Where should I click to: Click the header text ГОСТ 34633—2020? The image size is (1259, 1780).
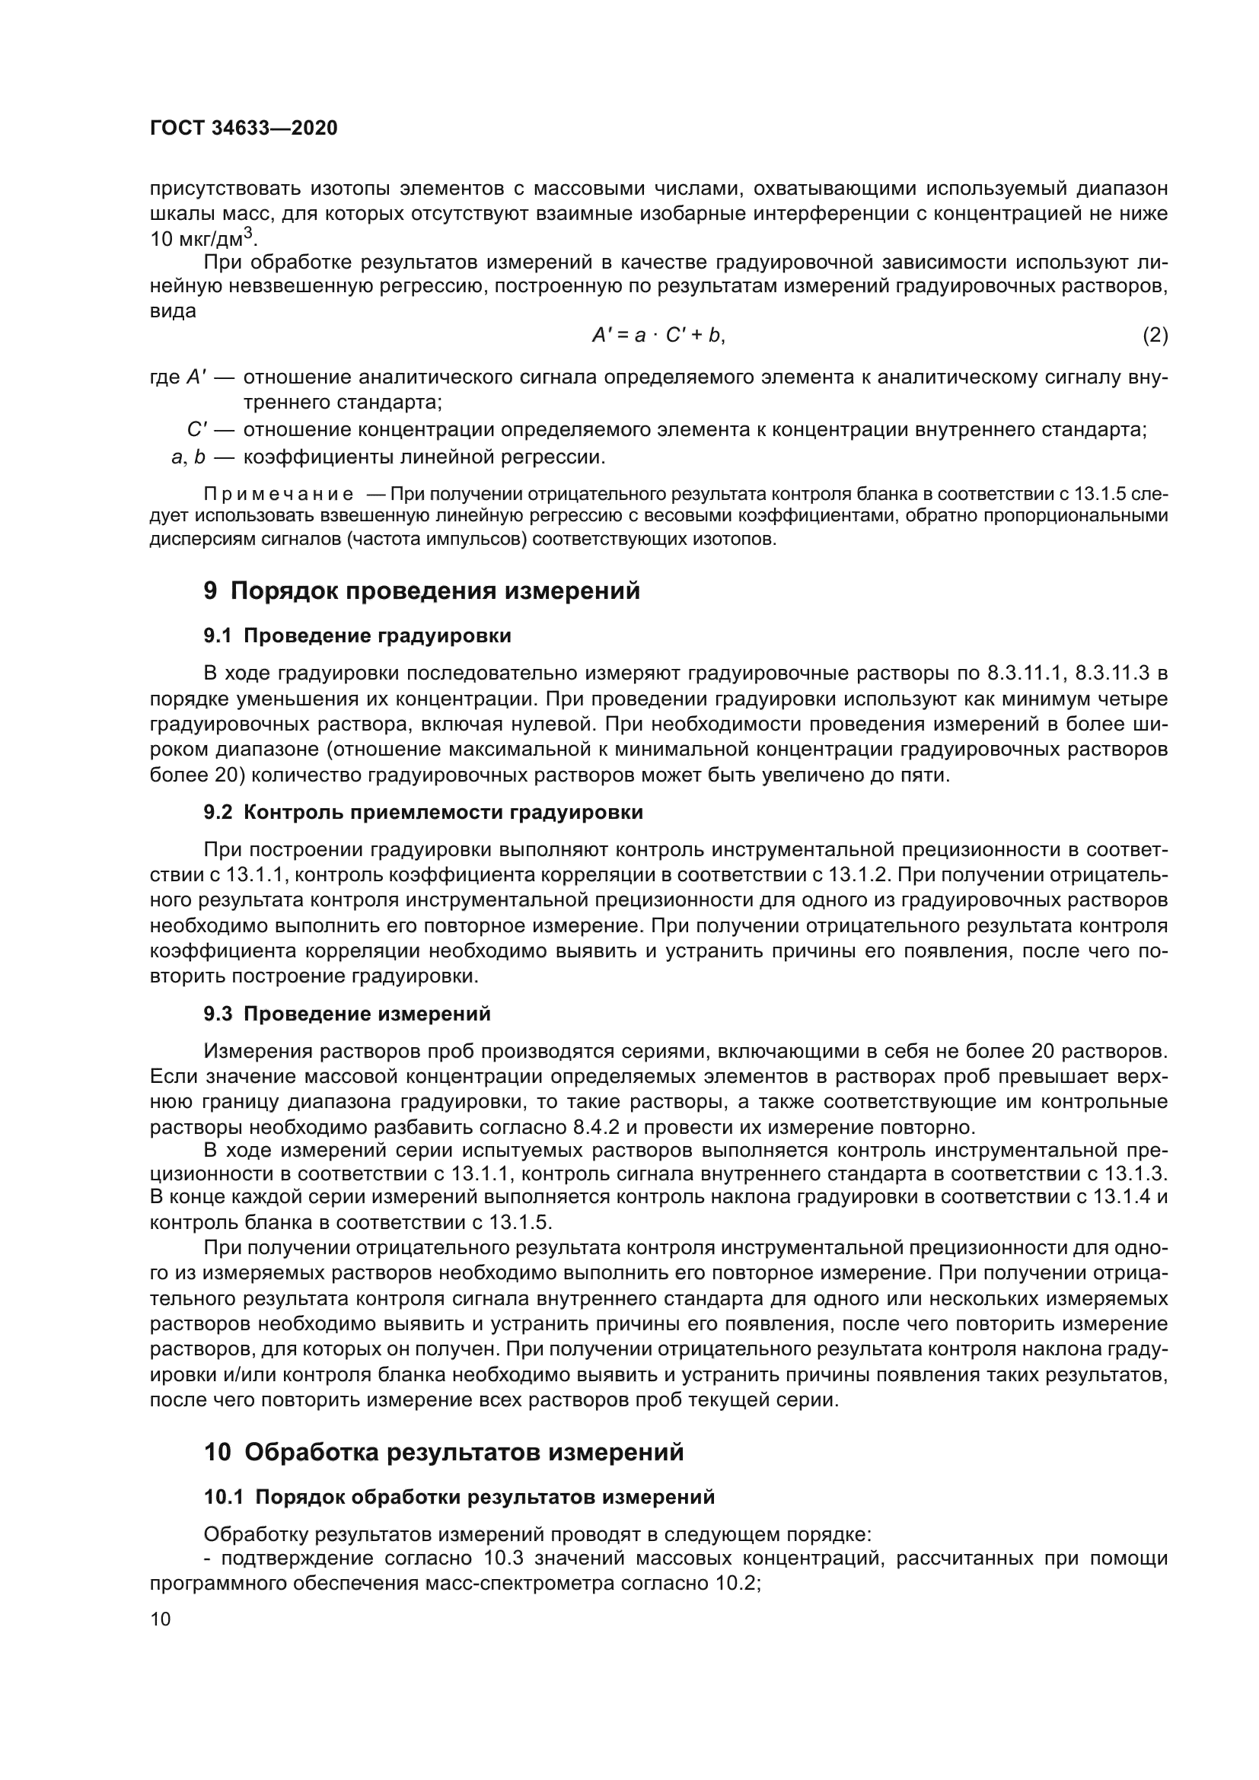click(244, 128)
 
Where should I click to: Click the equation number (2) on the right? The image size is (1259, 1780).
click(1155, 335)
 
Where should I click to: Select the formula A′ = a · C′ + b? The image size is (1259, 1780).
click(658, 335)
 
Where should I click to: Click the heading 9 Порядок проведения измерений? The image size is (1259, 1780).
click(422, 591)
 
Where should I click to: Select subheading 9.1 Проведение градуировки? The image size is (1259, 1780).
click(358, 635)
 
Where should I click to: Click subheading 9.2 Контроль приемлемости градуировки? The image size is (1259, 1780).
click(423, 813)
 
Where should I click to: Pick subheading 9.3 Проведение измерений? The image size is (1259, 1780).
click(347, 1014)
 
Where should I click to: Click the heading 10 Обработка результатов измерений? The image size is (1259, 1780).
click(445, 1451)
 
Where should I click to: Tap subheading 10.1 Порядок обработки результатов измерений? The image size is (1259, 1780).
click(459, 1497)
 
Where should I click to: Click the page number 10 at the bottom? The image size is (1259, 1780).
click(161, 1619)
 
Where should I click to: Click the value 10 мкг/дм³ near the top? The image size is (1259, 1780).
click(203, 238)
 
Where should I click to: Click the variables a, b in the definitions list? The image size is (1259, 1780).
click(188, 457)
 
